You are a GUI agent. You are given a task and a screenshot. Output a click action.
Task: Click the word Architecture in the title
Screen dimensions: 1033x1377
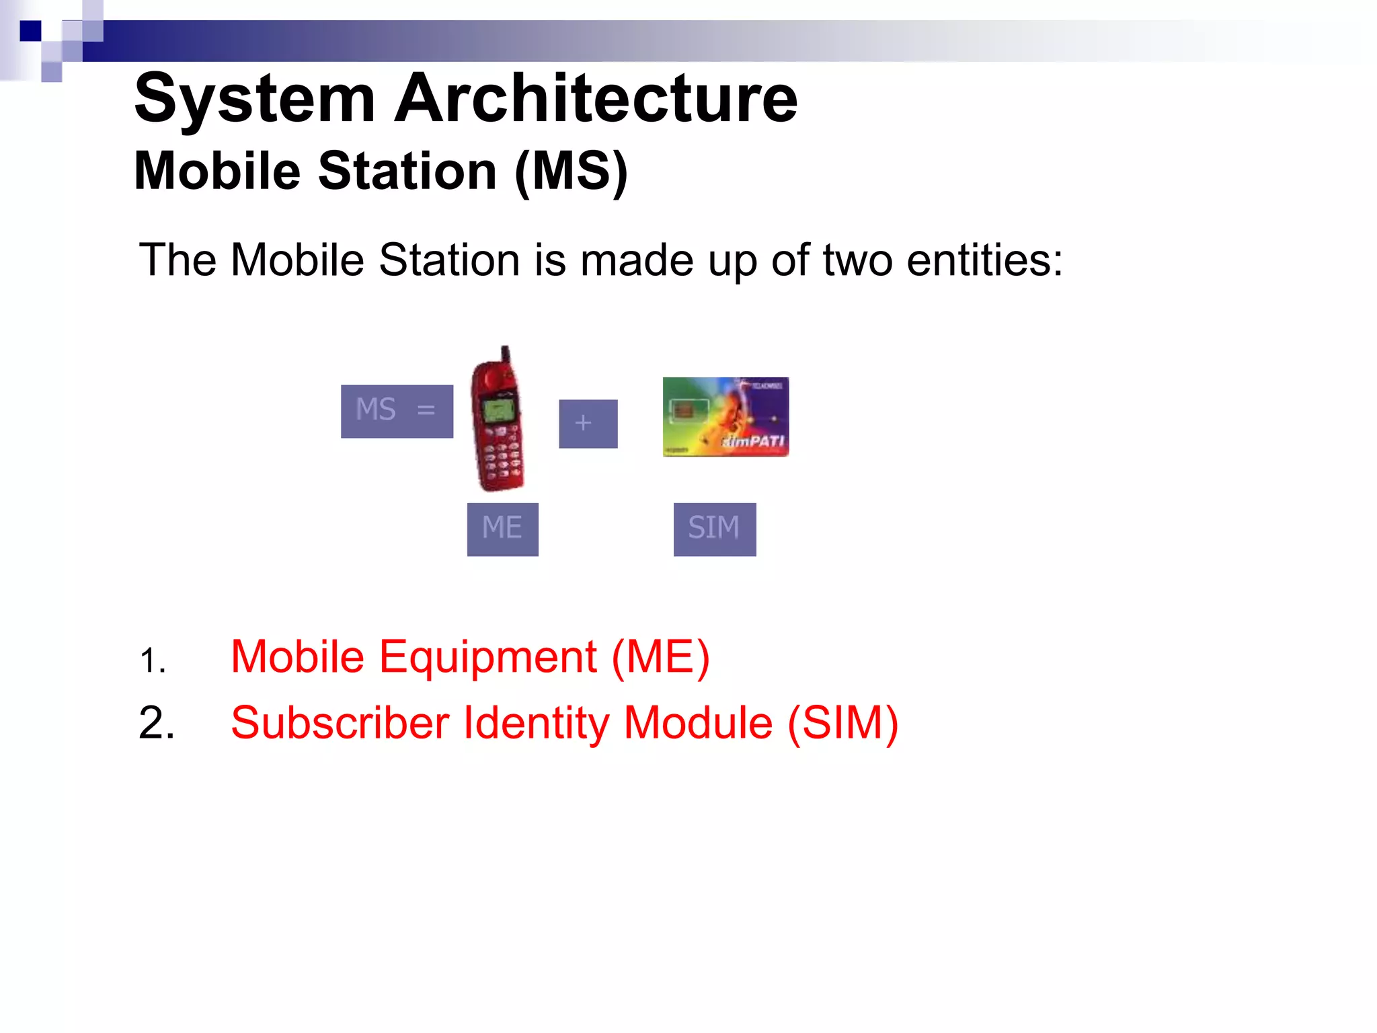tap(596, 99)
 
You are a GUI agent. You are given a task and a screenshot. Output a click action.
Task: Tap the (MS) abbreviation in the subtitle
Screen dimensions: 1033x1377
tap(571, 172)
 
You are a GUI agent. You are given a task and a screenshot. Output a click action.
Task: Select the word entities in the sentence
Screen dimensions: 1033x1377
tap(984, 260)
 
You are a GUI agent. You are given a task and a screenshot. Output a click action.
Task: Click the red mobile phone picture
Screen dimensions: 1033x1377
tap(498, 420)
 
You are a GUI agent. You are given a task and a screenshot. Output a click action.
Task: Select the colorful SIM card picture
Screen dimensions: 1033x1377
tap(725, 417)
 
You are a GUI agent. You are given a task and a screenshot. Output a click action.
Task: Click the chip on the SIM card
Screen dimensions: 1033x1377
tap(683, 410)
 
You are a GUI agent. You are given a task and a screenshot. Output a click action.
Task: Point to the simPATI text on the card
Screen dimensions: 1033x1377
tap(753, 441)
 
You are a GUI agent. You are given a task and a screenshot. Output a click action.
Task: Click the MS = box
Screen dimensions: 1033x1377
tap(397, 411)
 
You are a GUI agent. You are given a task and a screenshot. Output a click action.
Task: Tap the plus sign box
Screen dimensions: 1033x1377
tap(588, 424)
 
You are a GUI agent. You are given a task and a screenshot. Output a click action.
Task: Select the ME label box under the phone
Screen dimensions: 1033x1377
tap(502, 529)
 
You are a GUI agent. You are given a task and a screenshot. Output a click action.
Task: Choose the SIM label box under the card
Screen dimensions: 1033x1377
tap(714, 529)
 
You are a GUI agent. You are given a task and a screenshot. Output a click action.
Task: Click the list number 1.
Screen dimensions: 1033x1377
tap(153, 660)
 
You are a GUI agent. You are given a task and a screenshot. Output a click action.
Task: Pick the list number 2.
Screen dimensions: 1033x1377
tap(157, 724)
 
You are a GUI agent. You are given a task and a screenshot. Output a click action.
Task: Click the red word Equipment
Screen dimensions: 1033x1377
tap(487, 657)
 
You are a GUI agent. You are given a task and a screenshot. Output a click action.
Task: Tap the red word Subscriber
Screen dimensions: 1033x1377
tap(340, 724)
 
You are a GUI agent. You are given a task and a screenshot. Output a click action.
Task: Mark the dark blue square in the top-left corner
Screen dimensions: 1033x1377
tap(30, 31)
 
